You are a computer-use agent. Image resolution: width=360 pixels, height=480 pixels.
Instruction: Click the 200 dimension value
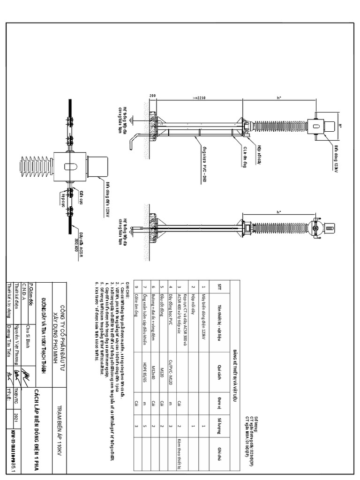(153, 96)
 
